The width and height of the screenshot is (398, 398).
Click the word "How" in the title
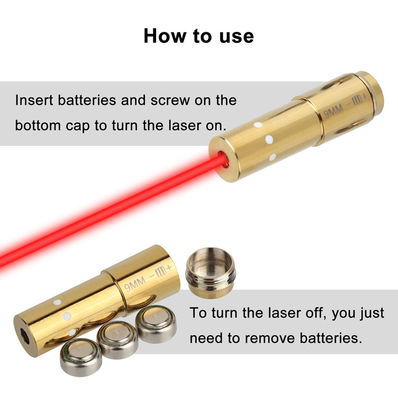coord(165,36)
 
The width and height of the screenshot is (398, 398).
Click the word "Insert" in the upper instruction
coord(34,100)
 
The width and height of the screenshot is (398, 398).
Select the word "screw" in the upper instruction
coord(170,100)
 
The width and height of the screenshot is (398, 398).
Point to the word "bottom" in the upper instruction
coord(38,125)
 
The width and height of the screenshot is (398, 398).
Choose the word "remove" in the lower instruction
coord(270,339)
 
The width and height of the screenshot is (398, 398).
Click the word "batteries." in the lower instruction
coord(331,338)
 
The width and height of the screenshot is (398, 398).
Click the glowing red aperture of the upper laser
coord(222,159)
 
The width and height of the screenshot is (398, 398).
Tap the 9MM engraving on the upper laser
coord(333,111)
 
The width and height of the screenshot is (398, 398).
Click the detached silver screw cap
coord(211,272)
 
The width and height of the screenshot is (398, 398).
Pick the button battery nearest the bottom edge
coord(81,357)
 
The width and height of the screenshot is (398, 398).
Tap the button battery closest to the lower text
coord(156,324)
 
